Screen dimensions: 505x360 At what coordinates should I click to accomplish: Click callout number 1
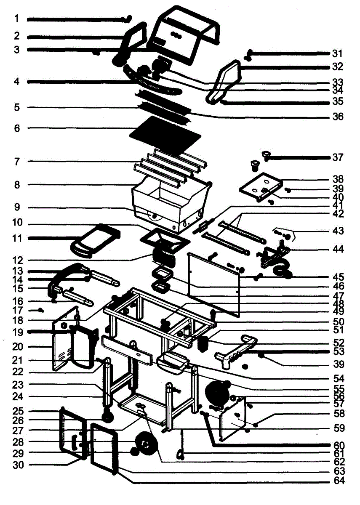pos(16,19)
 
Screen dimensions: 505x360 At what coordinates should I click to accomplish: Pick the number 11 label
pos(17,239)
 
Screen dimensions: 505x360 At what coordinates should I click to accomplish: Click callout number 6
pos(17,128)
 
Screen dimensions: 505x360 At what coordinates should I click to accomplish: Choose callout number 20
pos(17,347)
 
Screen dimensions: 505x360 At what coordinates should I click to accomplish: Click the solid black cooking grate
pos(164,134)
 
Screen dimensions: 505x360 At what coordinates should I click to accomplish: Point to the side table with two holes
pos(260,185)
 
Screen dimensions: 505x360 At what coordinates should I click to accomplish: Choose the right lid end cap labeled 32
pos(225,82)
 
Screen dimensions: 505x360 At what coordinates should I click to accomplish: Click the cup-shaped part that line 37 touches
pos(267,156)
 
